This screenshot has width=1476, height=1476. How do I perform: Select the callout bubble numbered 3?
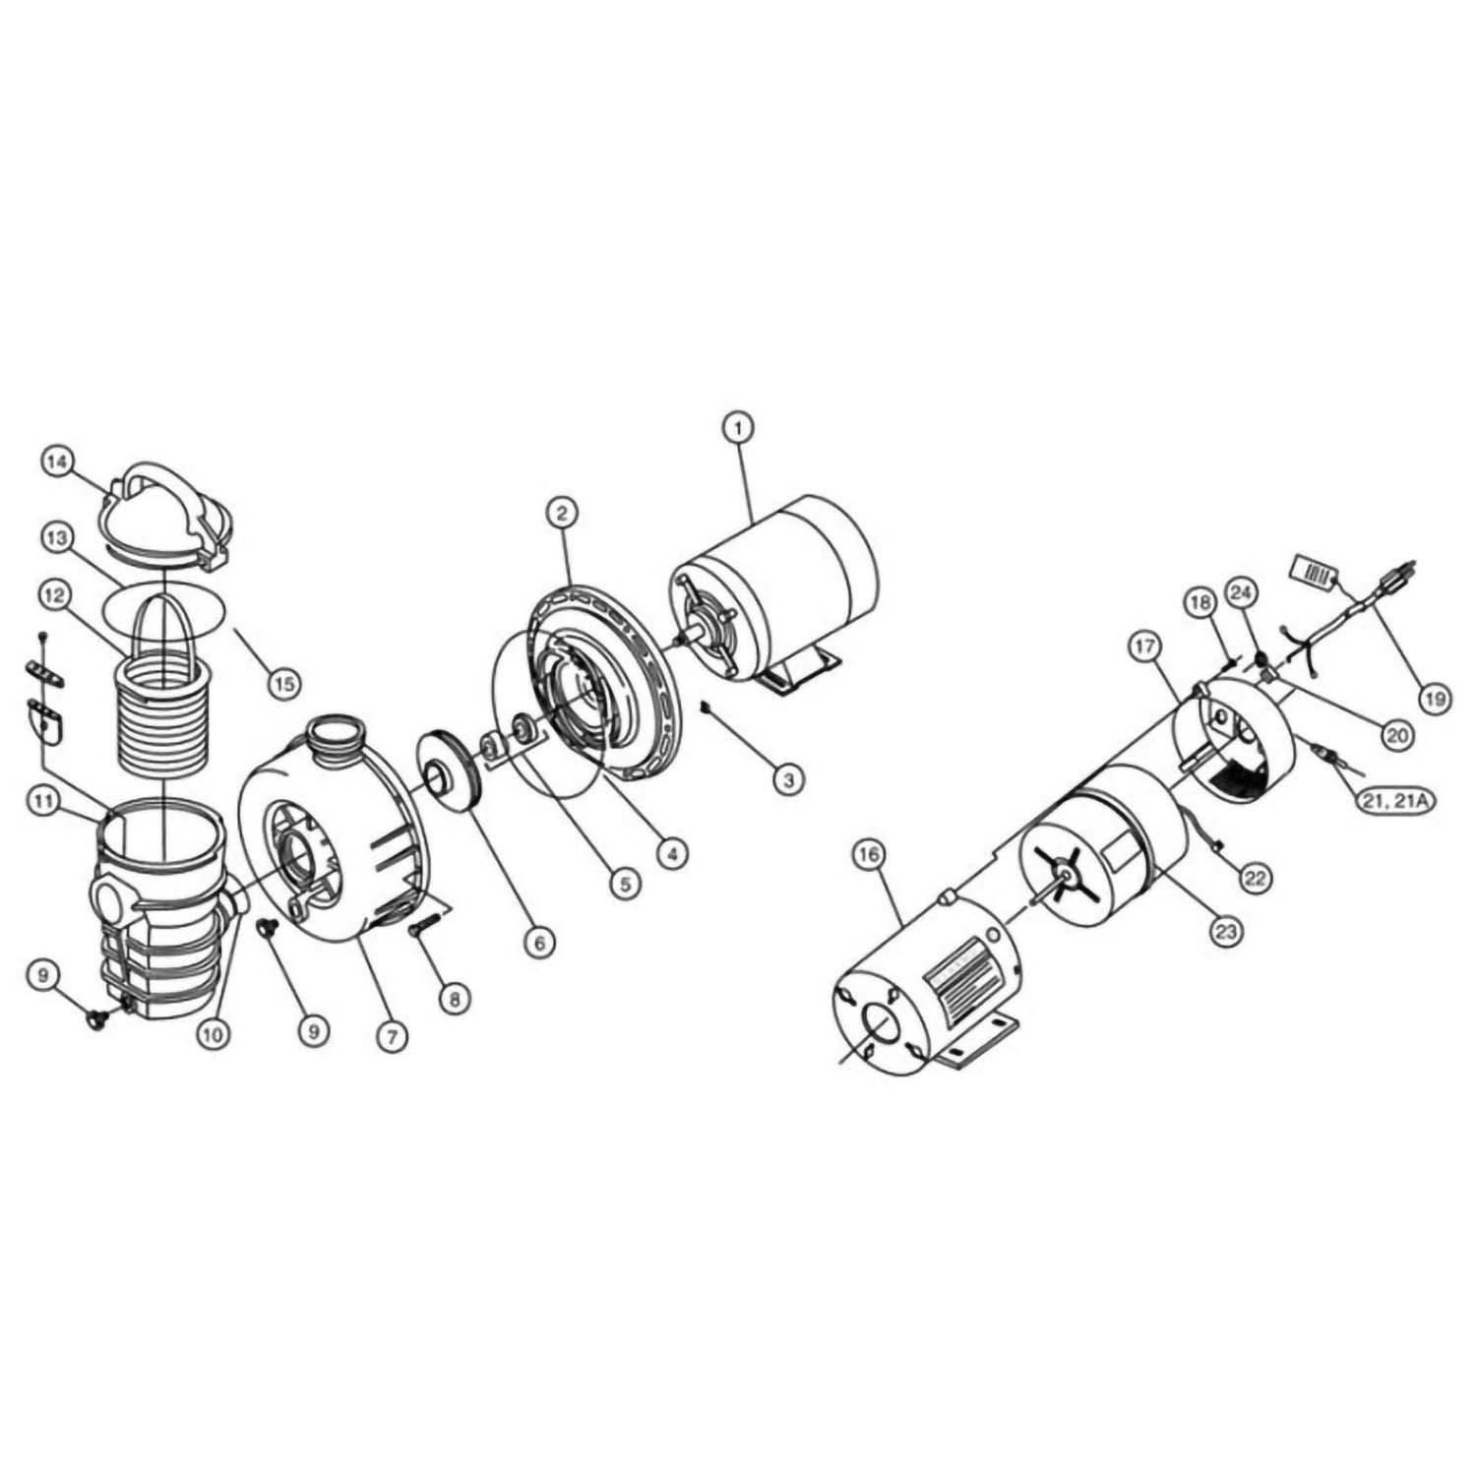[x=787, y=780]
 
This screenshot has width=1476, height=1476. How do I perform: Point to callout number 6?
[x=538, y=942]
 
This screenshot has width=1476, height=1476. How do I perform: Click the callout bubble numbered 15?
[x=283, y=683]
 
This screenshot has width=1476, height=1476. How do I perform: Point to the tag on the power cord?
[x=1310, y=572]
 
